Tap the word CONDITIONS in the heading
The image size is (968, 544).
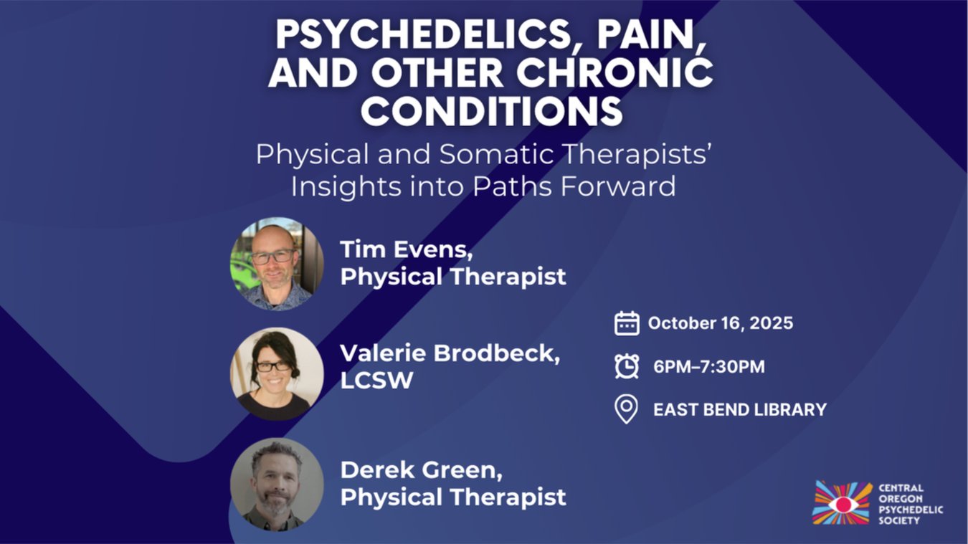click(x=491, y=110)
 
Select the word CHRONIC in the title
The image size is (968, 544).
click(x=615, y=72)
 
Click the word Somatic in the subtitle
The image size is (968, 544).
click(x=496, y=154)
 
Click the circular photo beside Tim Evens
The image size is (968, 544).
click(x=277, y=264)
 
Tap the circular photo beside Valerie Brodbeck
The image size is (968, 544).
click(x=277, y=373)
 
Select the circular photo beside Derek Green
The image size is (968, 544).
click(x=277, y=485)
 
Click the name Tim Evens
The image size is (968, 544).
click(x=407, y=249)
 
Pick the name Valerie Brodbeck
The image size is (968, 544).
click(x=450, y=353)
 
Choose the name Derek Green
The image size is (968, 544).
click(x=422, y=470)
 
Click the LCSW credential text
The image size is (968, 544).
click(x=376, y=381)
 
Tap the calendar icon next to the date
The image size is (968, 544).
click(x=627, y=323)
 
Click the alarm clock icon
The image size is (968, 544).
click(x=627, y=366)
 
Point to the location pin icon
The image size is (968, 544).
click(x=626, y=409)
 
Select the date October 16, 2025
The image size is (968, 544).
click(x=721, y=323)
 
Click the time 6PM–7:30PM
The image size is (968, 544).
click(x=708, y=366)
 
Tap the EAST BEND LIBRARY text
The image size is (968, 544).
click(x=740, y=410)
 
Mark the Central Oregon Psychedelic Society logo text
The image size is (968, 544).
click(x=911, y=505)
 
